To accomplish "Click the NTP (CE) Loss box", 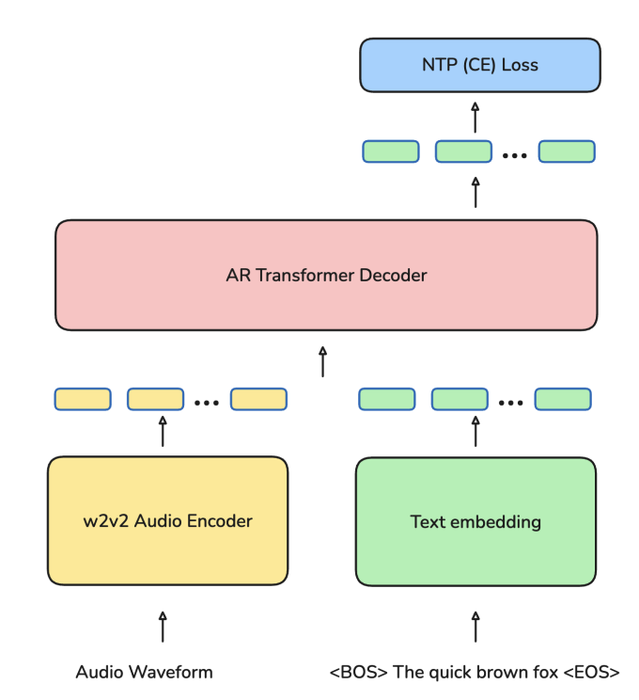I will tap(479, 65).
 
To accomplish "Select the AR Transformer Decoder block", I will tap(326, 276).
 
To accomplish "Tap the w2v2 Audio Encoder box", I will tap(167, 520).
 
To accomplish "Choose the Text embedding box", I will tap(475, 520).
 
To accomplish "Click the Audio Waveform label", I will tap(144, 672).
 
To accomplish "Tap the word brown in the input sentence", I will tap(502, 672).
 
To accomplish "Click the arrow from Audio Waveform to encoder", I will tap(163, 626).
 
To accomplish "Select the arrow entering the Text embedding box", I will tap(475, 626).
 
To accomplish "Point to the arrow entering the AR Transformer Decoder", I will tap(323, 361).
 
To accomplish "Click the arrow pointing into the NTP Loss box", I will tap(475, 117).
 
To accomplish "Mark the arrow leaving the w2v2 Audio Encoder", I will tap(163, 432).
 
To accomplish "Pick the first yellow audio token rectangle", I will tap(83, 399).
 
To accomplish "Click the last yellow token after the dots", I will tap(257, 399).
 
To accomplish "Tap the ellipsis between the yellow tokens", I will tap(207, 402).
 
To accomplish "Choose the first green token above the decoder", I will tap(390, 151).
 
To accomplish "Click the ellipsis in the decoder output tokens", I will tap(514, 154).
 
